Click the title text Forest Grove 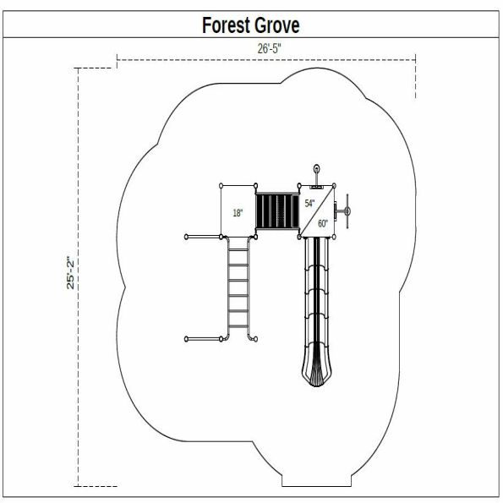coord(250,25)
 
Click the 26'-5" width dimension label coord(269,49)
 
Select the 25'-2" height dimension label coord(73,272)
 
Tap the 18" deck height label coord(238,213)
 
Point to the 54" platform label coord(309,204)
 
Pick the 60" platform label coord(323,223)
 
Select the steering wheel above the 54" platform coord(317,172)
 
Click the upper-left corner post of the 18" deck coord(221,185)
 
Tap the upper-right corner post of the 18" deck coord(256,185)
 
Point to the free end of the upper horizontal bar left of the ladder coord(186,237)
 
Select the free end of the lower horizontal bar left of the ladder coord(186,340)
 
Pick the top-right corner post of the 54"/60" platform coord(336,185)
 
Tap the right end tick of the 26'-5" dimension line coord(416,59)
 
